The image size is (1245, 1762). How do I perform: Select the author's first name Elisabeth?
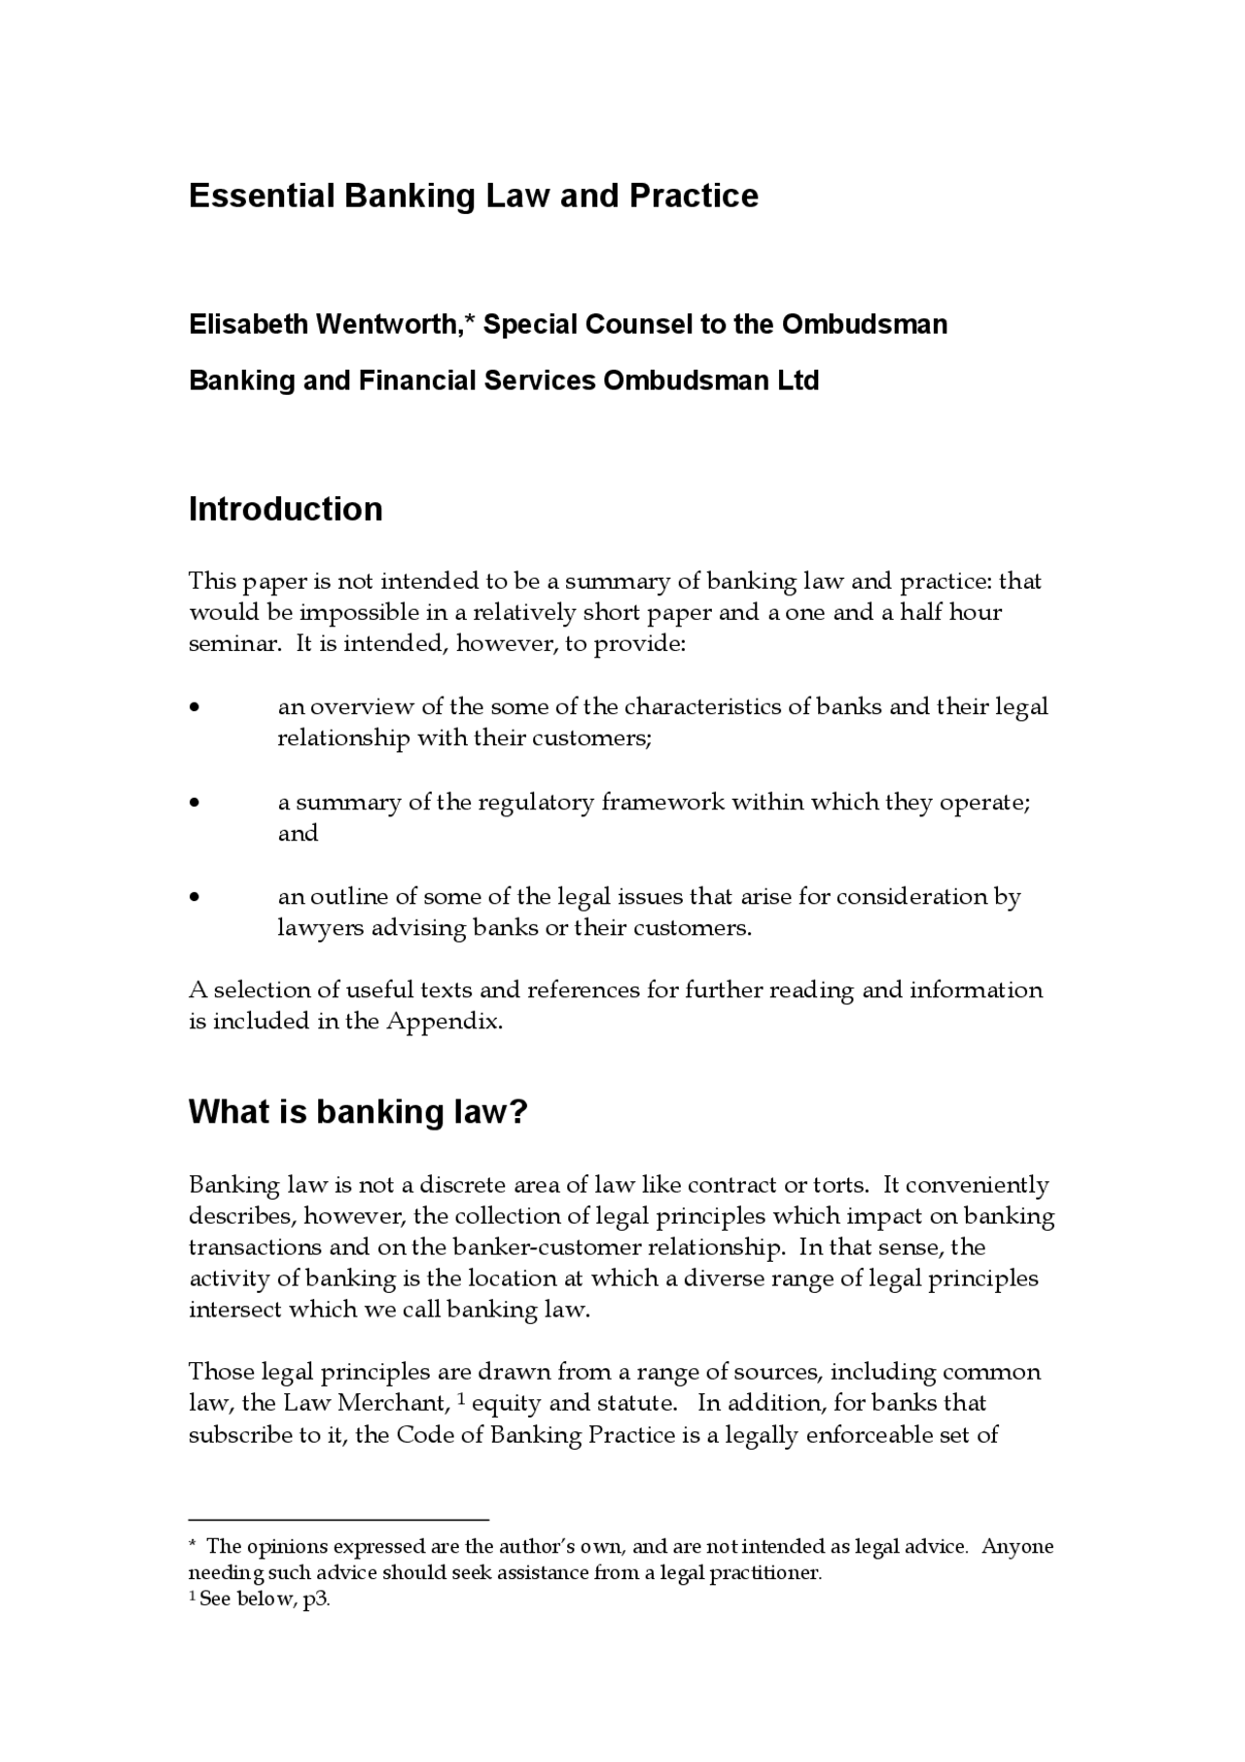(x=248, y=324)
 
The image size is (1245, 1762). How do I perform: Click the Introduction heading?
(x=285, y=509)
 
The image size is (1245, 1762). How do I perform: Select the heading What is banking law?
(x=357, y=1111)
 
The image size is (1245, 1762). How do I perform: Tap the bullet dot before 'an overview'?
(x=196, y=707)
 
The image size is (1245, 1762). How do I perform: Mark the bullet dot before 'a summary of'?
(x=196, y=803)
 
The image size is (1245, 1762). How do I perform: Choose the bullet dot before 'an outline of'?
(x=196, y=897)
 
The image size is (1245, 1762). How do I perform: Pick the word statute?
(x=643, y=1403)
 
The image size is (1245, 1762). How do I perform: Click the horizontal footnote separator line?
(x=338, y=1518)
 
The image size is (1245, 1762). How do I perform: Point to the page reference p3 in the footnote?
(x=316, y=1600)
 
